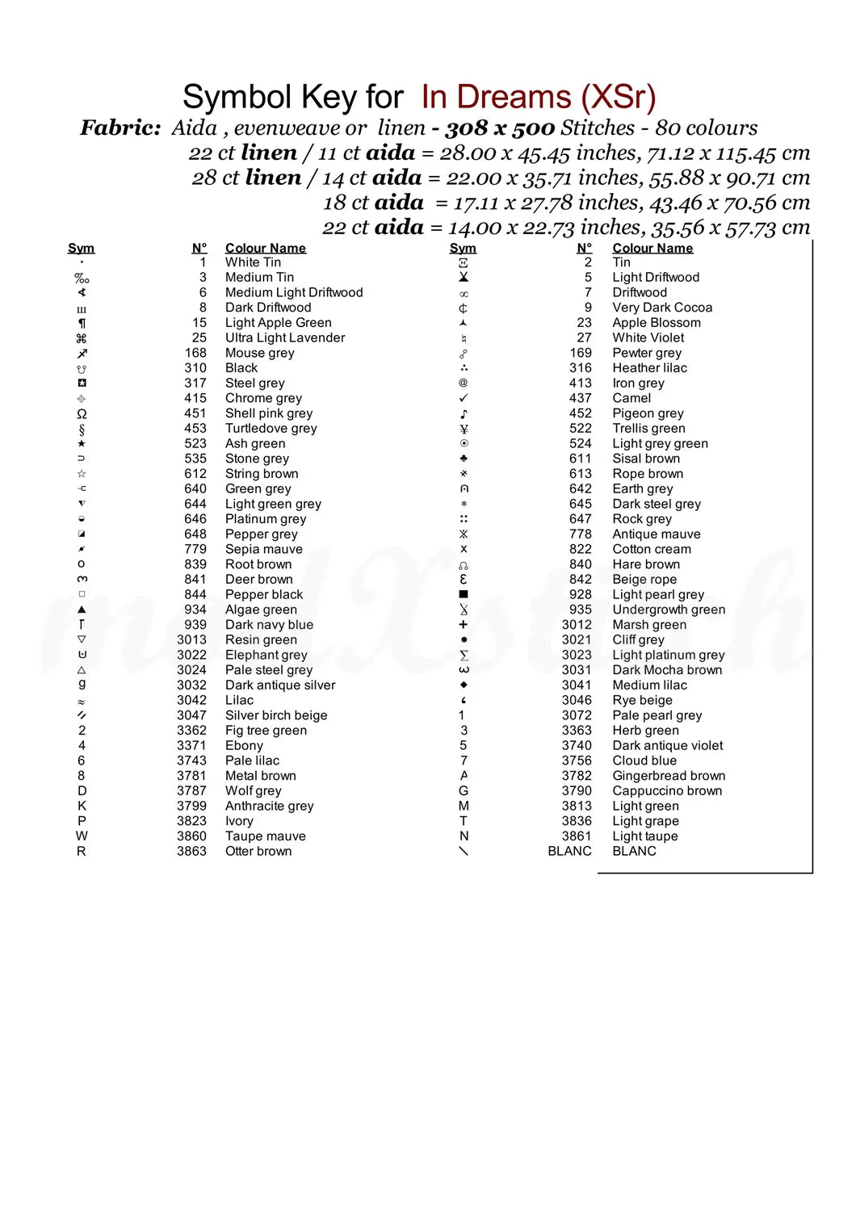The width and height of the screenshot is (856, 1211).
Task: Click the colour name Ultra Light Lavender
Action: (284, 337)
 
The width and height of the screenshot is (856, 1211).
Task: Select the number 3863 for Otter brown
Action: (191, 851)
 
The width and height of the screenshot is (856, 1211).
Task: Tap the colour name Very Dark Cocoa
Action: (662, 308)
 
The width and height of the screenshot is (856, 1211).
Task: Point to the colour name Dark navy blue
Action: (269, 625)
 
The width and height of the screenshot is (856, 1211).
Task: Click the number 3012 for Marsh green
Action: (577, 625)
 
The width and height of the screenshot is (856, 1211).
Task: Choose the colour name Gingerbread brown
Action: (669, 776)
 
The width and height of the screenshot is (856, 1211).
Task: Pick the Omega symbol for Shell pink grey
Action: (82, 413)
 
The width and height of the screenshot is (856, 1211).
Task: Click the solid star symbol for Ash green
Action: (82, 443)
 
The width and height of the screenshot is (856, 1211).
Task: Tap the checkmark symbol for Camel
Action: (464, 398)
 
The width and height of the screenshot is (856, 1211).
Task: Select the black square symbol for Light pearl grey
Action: (464, 594)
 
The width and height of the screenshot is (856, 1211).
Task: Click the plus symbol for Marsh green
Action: (464, 625)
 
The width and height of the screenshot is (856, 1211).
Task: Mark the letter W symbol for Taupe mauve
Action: (82, 836)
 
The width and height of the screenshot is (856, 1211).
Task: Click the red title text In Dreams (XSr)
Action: (539, 97)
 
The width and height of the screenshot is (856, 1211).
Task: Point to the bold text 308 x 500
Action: (500, 128)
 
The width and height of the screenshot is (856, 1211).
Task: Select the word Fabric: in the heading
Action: (120, 128)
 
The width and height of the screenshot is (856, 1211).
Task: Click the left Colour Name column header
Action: (265, 248)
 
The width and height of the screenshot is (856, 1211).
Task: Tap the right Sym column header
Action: (463, 248)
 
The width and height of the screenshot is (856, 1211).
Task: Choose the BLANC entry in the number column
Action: (569, 851)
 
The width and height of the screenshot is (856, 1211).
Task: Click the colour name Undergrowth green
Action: (669, 610)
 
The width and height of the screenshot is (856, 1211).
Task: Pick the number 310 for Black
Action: (195, 368)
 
